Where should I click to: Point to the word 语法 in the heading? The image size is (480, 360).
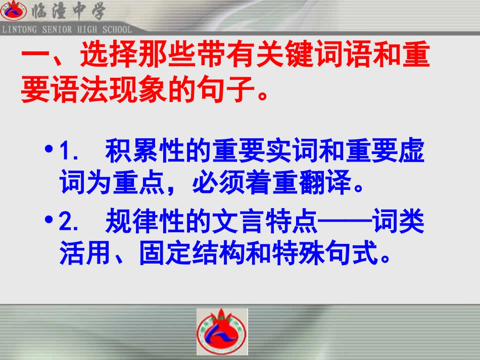tap(78, 92)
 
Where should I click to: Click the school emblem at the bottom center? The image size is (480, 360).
tap(222, 332)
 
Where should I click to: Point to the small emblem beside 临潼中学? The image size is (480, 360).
tap(13, 11)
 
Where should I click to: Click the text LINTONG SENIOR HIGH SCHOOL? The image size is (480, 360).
tap(67, 30)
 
